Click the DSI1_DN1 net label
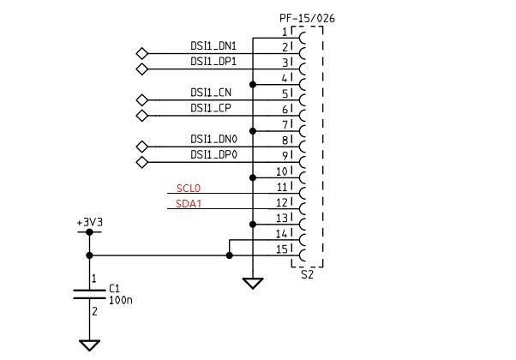(213, 45)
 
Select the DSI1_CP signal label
(211, 108)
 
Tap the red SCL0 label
(189, 189)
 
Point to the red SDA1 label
(189, 204)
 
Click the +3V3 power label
(89, 223)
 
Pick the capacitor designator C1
(114, 289)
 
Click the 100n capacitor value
(121, 300)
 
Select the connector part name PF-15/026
(307, 18)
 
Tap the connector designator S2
(307, 274)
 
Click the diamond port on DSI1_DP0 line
(141, 162)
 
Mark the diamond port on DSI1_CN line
(141, 100)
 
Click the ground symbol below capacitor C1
(89, 345)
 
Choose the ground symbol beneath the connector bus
(253, 283)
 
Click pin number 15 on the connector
(282, 249)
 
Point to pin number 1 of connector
(285, 33)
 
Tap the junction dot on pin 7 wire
(253, 131)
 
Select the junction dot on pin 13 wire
(253, 225)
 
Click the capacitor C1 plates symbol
(89, 295)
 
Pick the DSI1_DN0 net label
(214, 139)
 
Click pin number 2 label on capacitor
(95, 311)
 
